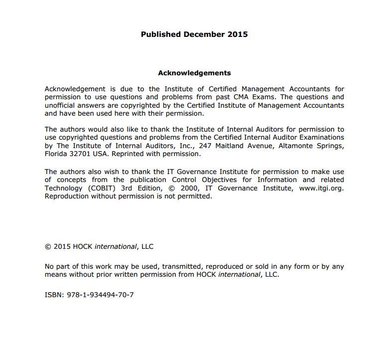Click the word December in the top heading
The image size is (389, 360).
tap(204, 34)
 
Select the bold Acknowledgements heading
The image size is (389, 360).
tap(194, 73)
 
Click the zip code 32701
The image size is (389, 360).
tap(79, 154)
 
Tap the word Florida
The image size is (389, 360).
tap(56, 154)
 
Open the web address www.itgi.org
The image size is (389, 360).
tap(321, 188)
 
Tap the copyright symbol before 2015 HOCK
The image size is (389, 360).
tap(48, 246)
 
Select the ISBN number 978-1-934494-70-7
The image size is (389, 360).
tap(100, 295)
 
